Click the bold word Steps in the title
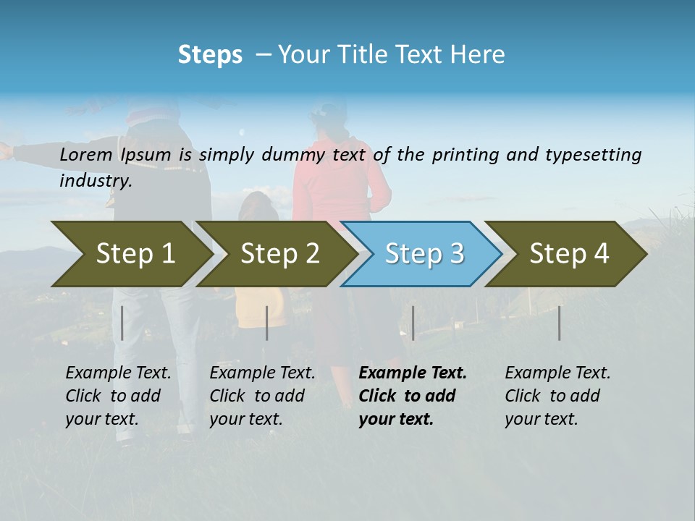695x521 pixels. click(x=210, y=55)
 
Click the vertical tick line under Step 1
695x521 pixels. click(x=122, y=323)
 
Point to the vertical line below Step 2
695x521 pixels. click(x=267, y=323)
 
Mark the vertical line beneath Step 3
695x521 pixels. click(x=413, y=323)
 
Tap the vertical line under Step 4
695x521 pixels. click(x=559, y=323)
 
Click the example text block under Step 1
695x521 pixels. click(x=118, y=396)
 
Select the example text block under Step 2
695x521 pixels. click(x=262, y=396)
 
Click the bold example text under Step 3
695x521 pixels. click(x=412, y=396)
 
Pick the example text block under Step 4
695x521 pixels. click(x=557, y=396)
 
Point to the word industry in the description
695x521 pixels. click(x=96, y=181)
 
